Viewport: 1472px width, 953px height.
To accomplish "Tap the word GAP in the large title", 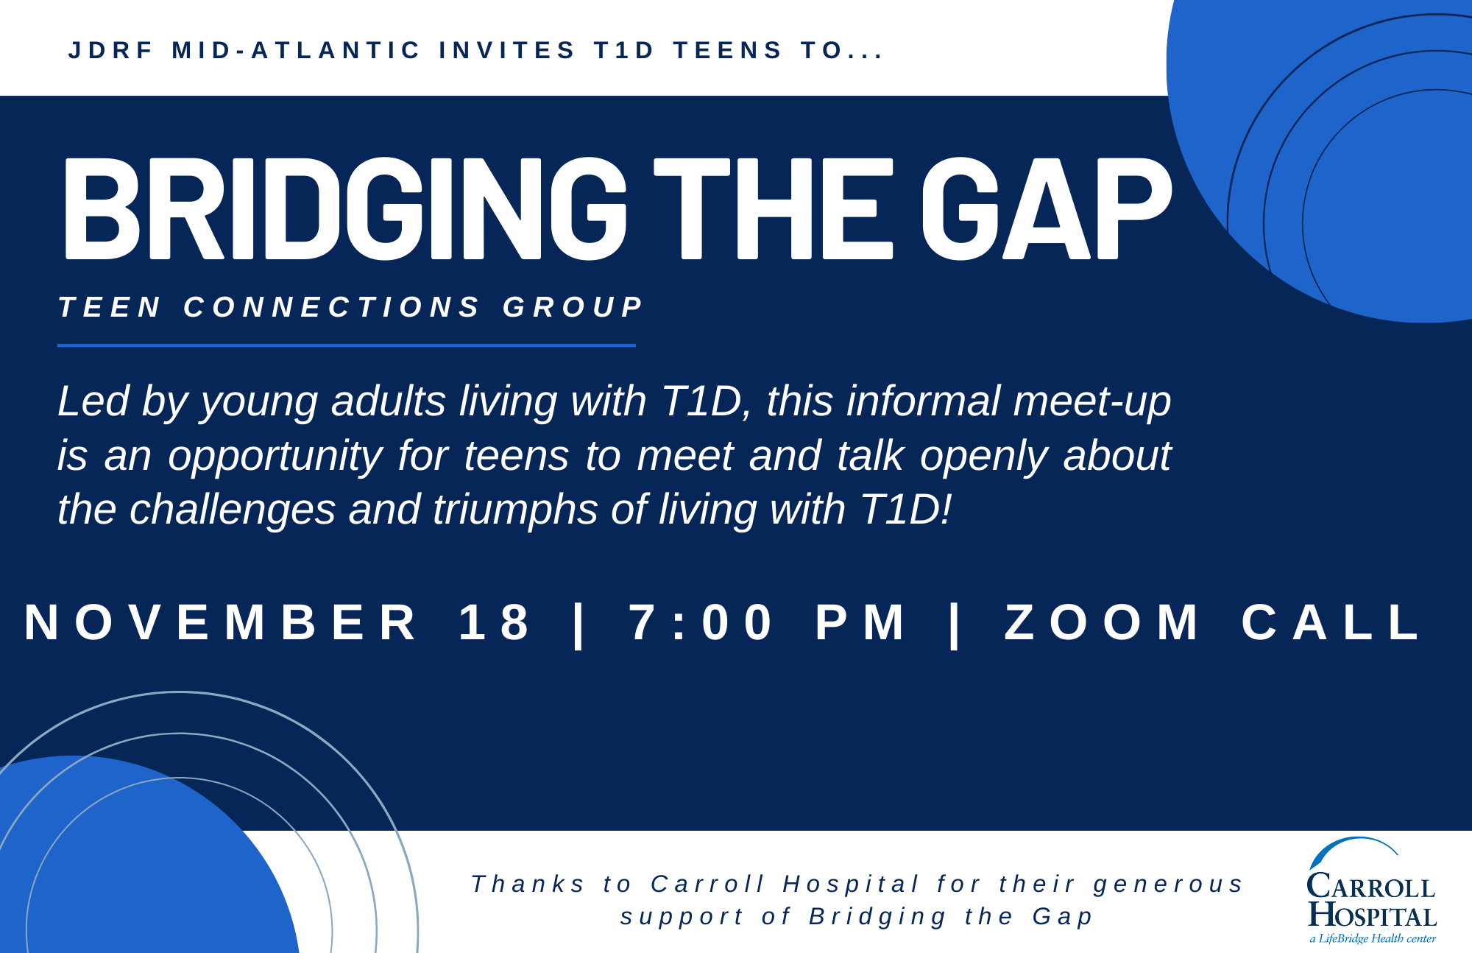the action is [1047, 209].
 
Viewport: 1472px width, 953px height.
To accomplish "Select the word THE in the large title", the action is [774, 209].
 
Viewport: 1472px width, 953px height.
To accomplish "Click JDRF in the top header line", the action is [110, 50].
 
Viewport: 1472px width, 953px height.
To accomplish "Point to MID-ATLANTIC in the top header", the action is [296, 50].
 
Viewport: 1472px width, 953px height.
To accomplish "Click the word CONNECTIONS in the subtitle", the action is [332, 307].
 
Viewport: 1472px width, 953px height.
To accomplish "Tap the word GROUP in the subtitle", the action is [573, 307].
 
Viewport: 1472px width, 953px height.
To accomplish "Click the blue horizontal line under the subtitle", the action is [347, 345].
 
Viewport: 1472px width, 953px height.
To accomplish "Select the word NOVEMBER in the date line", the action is [221, 622].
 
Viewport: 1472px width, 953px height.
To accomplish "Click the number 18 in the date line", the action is [495, 622].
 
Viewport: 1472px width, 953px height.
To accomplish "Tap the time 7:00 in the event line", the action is [701, 622].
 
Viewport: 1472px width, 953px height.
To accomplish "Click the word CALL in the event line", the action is [1332, 622].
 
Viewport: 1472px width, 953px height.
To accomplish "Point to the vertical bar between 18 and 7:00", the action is [580, 625].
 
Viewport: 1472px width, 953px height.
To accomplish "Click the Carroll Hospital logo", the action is [1372, 890].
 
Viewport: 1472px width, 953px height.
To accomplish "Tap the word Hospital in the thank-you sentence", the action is [851, 883].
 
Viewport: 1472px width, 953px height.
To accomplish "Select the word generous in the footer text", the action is [1168, 885].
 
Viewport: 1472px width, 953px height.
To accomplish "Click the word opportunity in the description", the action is [275, 457].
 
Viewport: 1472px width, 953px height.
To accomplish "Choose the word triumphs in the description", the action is [515, 510].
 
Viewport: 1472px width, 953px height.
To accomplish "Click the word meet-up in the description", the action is [1091, 402].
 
